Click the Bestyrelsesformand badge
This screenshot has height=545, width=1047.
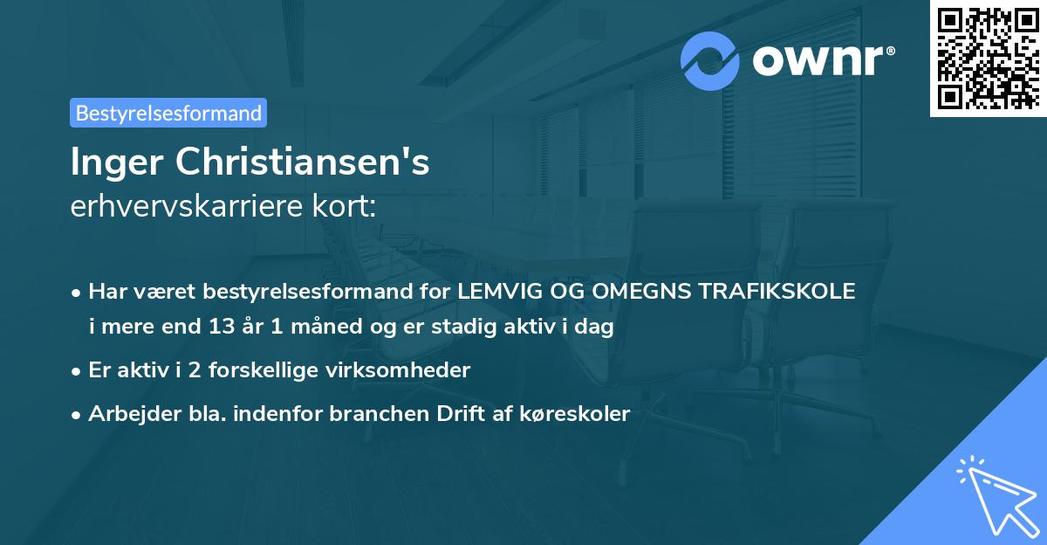pyautogui.click(x=168, y=113)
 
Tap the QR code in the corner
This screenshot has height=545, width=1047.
pyautogui.click(x=987, y=59)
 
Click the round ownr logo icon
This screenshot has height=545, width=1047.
pyautogui.click(x=711, y=61)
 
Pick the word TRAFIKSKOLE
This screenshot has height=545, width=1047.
pyautogui.click(x=783, y=292)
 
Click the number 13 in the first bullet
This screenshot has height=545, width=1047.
pyautogui.click(x=220, y=328)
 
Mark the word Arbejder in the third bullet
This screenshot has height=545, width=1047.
pyautogui.click(x=129, y=414)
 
